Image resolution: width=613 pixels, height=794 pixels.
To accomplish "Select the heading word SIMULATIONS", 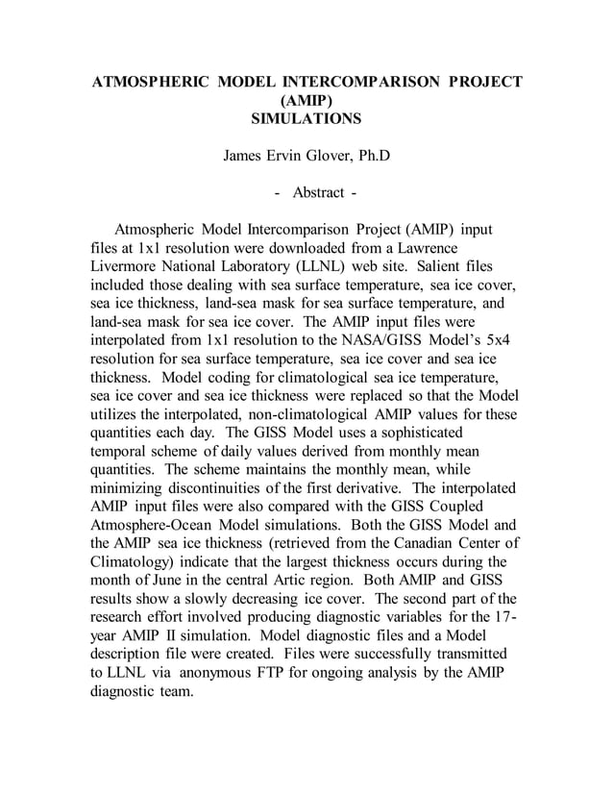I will (x=306, y=119).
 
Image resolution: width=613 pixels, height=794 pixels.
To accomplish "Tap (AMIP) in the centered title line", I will (x=306, y=101).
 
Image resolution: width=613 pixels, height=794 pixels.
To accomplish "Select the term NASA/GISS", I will (x=387, y=339).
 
